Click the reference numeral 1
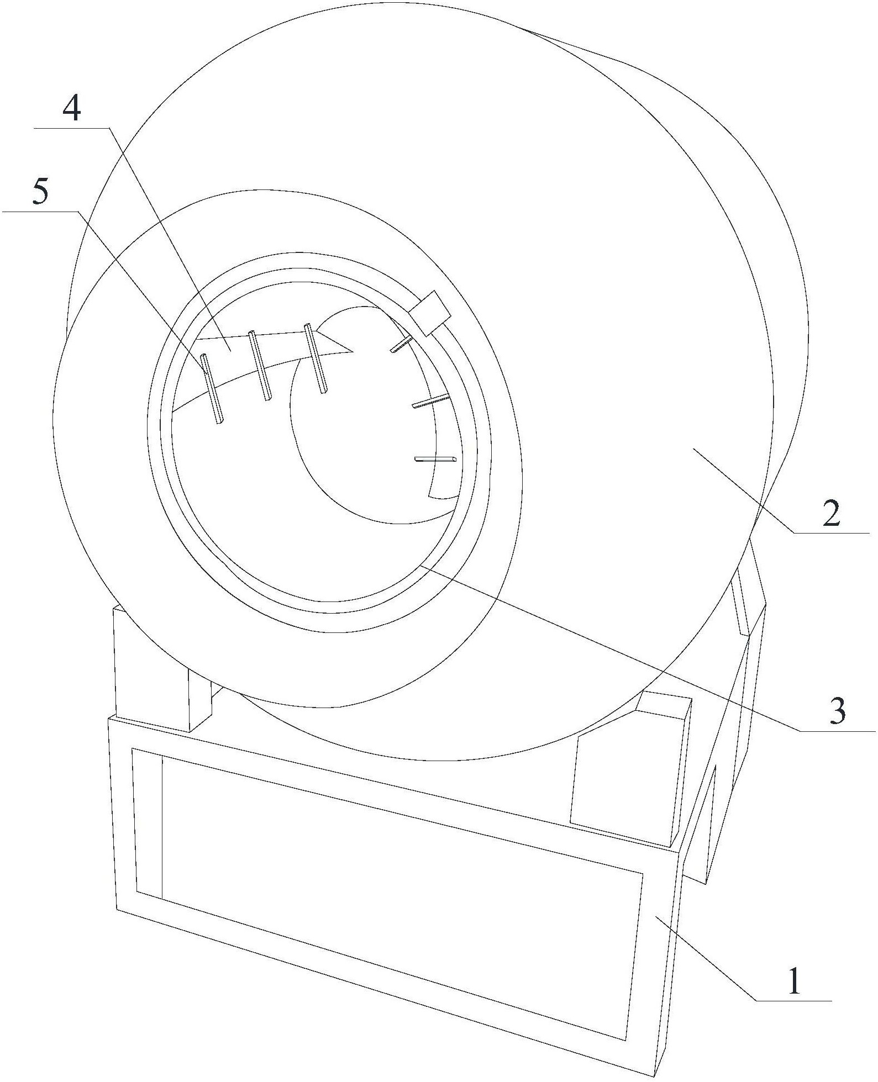pyautogui.click(x=794, y=981)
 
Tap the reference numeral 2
pyautogui.click(x=831, y=514)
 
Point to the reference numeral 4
pyautogui.click(x=72, y=109)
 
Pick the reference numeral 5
pyautogui.click(x=41, y=193)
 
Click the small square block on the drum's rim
pyautogui.click(x=430, y=313)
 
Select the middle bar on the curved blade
pyautogui.click(x=260, y=366)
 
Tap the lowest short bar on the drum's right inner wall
pyautogui.click(x=435, y=458)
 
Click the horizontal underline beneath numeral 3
pyautogui.click(x=838, y=731)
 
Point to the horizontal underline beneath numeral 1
pyautogui.click(x=794, y=1000)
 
